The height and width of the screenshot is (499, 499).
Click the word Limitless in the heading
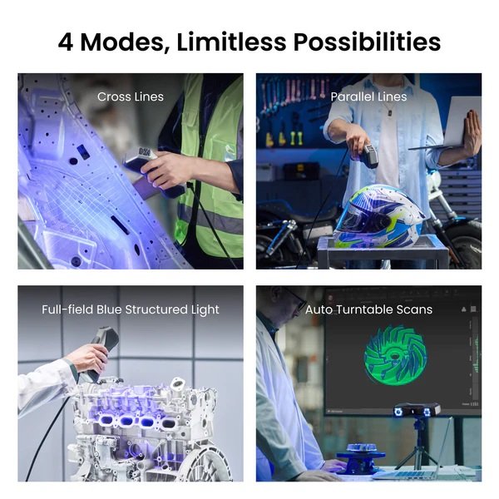[231, 42]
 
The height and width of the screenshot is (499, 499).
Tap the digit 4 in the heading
[66, 42]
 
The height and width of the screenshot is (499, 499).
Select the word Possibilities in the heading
[367, 42]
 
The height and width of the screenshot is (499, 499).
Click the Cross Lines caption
[131, 96]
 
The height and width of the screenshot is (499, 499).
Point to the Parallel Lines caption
[368, 96]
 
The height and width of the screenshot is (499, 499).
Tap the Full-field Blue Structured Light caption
[131, 309]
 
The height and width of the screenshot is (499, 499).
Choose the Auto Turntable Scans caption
[368, 309]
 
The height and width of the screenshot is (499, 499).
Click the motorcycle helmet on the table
[378, 217]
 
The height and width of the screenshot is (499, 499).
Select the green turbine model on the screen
[395, 355]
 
